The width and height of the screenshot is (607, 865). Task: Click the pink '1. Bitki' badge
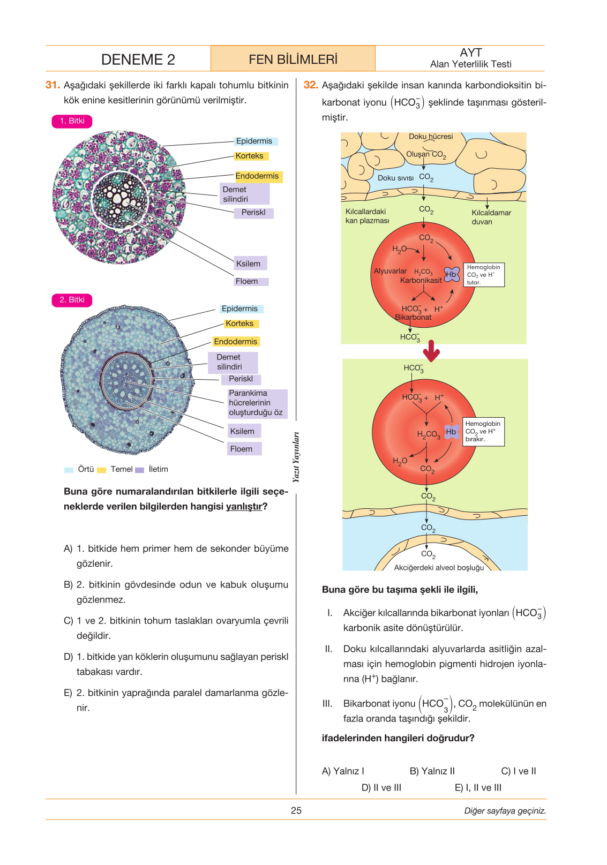(72, 121)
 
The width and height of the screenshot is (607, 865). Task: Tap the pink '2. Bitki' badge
(72, 300)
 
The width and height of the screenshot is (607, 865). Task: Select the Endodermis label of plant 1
(259, 176)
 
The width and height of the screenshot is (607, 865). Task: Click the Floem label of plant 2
(244, 449)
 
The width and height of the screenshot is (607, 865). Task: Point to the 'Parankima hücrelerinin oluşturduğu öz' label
(257, 403)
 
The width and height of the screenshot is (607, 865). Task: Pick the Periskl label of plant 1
(253, 213)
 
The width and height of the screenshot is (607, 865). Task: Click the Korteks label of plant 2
(241, 324)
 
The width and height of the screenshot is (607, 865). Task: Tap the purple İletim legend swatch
(139, 470)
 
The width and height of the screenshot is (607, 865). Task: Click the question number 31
(53, 85)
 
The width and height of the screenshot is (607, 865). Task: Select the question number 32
(311, 85)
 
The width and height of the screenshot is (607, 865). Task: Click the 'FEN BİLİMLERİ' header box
(293, 59)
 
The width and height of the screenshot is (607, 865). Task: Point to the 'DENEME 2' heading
(138, 59)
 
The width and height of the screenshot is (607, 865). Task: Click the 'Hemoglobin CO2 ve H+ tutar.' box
(484, 275)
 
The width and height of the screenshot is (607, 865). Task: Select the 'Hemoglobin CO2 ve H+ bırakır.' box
(483, 432)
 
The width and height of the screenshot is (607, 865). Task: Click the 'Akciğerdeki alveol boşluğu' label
(439, 568)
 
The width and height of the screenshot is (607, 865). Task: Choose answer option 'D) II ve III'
(381, 787)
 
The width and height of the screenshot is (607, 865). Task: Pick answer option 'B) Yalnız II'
(432, 771)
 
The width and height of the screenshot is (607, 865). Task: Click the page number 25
(296, 810)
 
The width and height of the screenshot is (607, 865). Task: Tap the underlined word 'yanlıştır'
(244, 507)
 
